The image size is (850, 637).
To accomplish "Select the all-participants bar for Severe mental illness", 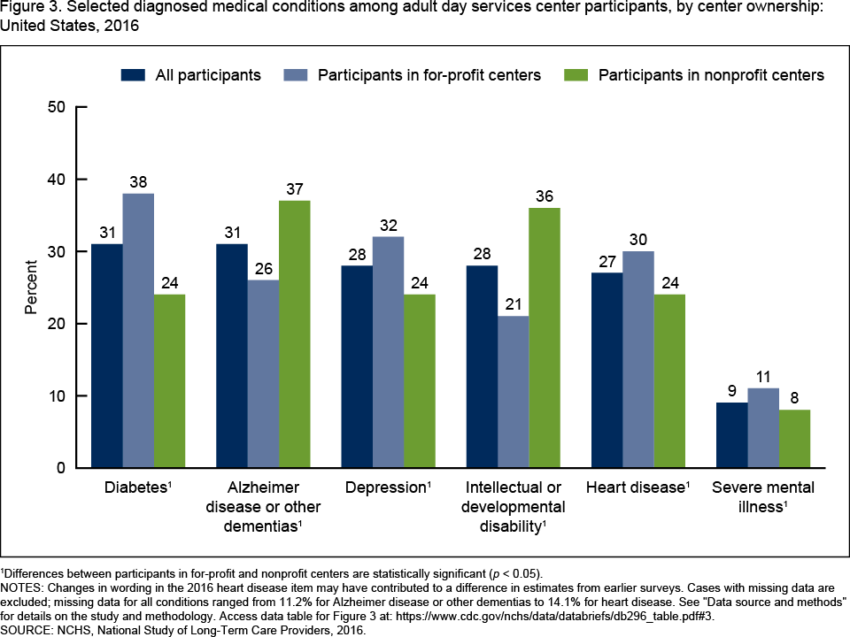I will (x=731, y=434).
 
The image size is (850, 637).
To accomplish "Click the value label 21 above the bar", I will (x=514, y=304).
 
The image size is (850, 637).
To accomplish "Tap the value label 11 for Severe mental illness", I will (x=763, y=377).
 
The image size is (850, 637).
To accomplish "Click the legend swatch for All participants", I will (x=133, y=75).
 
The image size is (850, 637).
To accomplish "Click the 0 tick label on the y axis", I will (x=63, y=467).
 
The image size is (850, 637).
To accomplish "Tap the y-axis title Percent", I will (x=32, y=288).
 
